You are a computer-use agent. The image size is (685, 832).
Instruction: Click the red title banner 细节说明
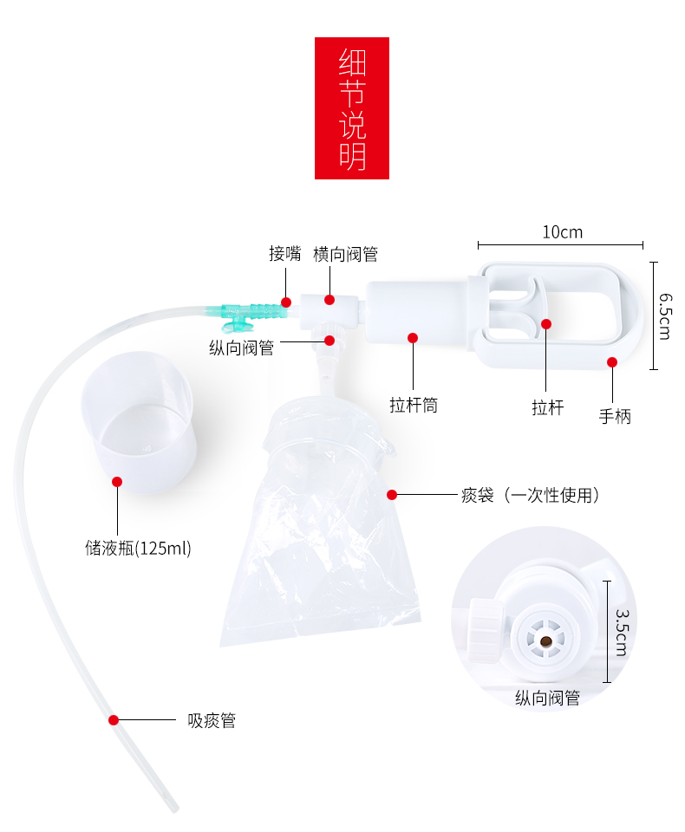point(351,107)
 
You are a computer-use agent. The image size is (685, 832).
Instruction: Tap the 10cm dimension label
point(562,231)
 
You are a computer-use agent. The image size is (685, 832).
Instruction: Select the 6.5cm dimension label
point(665,315)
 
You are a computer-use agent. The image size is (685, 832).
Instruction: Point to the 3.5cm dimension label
point(621,632)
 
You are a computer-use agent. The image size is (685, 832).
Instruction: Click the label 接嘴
point(284,254)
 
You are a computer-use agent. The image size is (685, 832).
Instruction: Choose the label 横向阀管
point(345,254)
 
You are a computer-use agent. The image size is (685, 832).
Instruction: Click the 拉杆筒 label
point(413,404)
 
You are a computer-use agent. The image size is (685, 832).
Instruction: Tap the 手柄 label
point(615,416)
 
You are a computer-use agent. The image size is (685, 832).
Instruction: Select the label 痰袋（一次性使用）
point(530,496)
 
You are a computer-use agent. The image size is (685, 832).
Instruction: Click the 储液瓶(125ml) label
point(138,548)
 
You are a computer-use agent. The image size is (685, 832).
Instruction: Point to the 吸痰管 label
point(212,720)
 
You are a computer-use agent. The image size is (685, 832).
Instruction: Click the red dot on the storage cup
point(117,481)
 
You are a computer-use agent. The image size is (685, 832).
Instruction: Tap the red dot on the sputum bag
point(392,495)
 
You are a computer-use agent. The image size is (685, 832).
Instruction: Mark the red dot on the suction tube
point(113,720)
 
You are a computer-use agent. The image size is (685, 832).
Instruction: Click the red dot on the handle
point(612,362)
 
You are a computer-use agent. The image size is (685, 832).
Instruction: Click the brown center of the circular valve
point(545,641)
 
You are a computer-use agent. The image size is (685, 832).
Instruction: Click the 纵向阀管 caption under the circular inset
point(547,698)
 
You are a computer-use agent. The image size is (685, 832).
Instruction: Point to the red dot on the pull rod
point(546,324)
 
